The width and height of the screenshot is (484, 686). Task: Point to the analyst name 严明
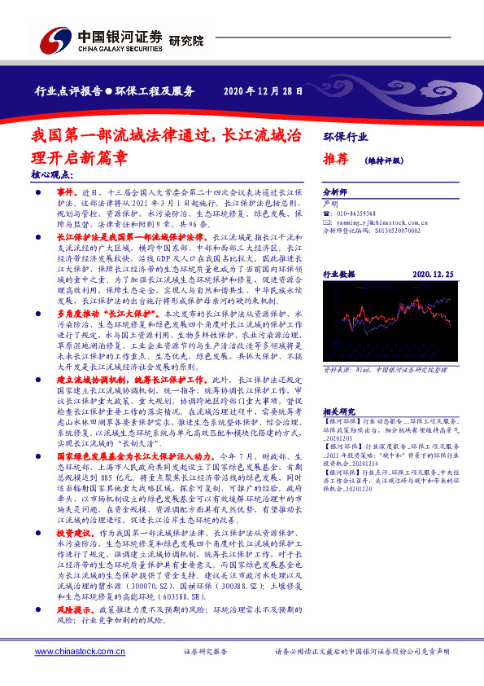coord(330,202)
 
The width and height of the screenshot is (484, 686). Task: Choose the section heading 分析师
coord(335,191)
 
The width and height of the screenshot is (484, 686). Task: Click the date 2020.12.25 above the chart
coord(433,276)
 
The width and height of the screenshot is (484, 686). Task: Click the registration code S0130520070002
coord(392,231)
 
